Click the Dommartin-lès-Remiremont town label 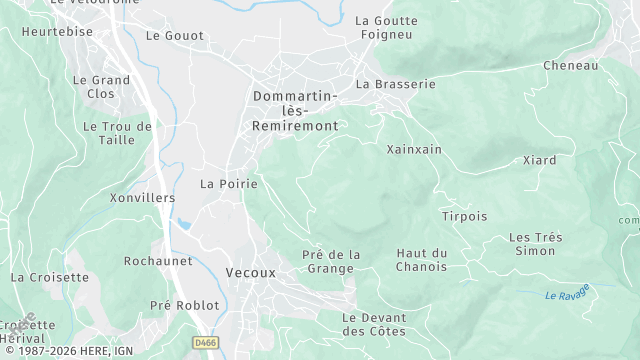coord(295,111)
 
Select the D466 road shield coord(206,342)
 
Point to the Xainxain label coord(414,149)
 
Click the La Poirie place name coord(229,184)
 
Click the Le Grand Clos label coord(102,86)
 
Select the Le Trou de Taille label coord(117,134)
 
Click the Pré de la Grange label coord(331,261)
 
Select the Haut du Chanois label coord(422,260)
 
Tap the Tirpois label coord(464,216)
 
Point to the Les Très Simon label coord(535,244)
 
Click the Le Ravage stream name coord(567,294)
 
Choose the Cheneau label coord(570,65)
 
